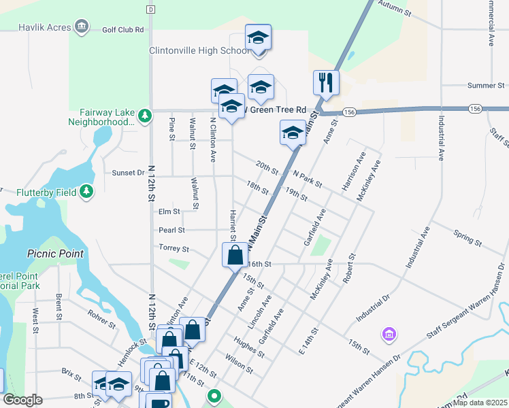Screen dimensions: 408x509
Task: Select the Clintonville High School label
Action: pyautogui.click(x=199, y=50)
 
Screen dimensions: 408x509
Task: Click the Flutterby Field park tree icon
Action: pyautogui.click(x=86, y=192)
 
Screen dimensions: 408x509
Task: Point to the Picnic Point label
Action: pyautogui.click(x=55, y=253)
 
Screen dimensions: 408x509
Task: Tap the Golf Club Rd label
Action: pyautogui.click(x=123, y=30)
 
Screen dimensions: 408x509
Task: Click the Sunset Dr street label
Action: pyautogui.click(x=128, y=173)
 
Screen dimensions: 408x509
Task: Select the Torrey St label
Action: pyautogui.click(x=173, y=248)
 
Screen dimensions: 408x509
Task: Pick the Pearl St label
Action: pyautogui.click(x=171, y=230)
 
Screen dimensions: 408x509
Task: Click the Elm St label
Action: pyautogui.click(x=168, y=211)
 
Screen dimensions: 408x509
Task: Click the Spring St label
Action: pyautogui.click(x=467, y=238)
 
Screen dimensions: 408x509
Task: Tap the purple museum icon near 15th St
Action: pyautogui.click(x=389, y=334)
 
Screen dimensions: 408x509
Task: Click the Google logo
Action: pyautogui.click(x=22, y=400)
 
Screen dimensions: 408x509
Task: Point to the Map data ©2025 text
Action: pyautogui.click(x=481, y=403)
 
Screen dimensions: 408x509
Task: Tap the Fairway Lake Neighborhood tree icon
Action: pyautogui.click(x=144, y=116)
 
